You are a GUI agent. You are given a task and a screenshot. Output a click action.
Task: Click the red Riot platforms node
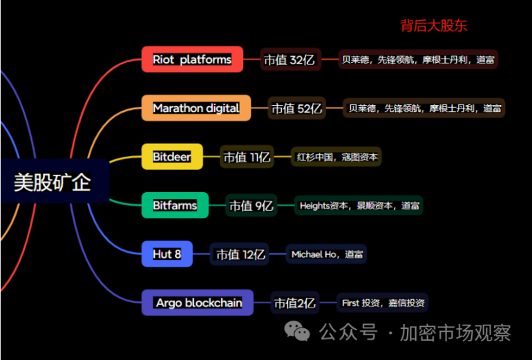[192, 59]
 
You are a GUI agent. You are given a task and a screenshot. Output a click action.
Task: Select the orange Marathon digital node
[196, 108]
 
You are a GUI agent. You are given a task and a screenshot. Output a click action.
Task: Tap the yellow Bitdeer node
[172, 157]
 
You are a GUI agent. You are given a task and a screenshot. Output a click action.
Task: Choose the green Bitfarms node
[175, 205]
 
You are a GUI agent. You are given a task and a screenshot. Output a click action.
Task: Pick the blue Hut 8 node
[167, 254]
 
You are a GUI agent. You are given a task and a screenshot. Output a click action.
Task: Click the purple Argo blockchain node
[198, 303]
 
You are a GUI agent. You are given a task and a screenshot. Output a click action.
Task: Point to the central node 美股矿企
[53, 182]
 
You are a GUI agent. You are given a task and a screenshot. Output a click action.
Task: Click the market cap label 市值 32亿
[289, 60]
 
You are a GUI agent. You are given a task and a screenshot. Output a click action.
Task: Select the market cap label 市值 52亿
[296, 108]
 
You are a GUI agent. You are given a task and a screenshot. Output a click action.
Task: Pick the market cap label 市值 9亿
[251, 206]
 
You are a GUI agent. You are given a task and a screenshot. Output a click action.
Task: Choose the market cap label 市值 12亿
[240, 254]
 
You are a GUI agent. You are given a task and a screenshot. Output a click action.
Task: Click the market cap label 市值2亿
[295, 303]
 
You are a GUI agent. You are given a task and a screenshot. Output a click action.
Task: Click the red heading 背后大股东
[434, 26]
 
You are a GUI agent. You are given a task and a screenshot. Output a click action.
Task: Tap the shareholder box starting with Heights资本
[359, 206]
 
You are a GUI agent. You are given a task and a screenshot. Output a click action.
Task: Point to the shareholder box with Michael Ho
[326, 254]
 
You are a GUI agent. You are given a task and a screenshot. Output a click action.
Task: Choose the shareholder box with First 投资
[383, 303]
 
